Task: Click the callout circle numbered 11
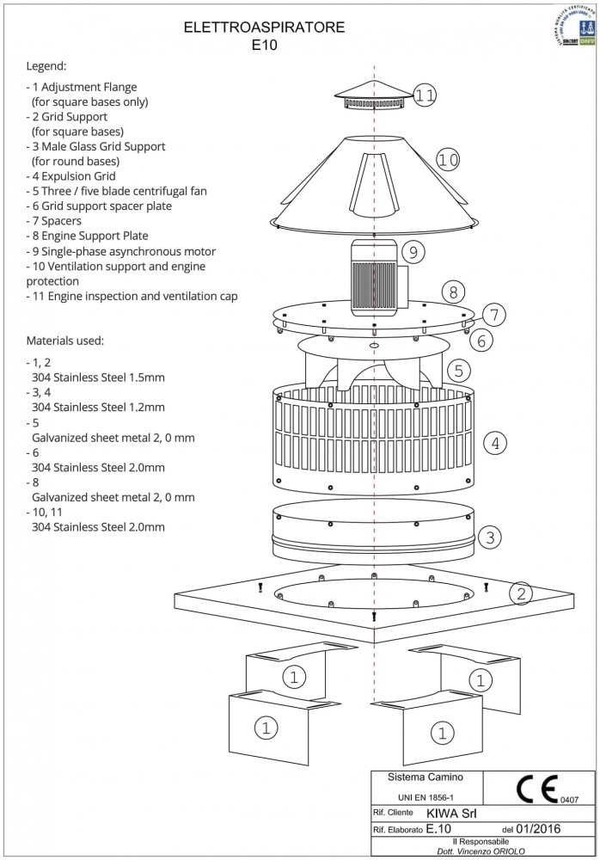click(425, 95)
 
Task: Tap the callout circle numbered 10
click(448, 159)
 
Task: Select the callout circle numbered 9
click(413, 252)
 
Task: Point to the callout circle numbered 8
click(454, 291)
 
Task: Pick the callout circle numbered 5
click(459, 371)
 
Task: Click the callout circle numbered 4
click(495, 444)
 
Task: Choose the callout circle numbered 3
click(489, 538)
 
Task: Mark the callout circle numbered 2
click(521, 593)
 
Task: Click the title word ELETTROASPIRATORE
click(265, 28)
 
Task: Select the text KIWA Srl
click(450, 812)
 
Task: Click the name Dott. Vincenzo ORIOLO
click(481, 851)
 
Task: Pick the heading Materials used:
click(65, 341)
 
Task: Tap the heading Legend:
click(46, 65)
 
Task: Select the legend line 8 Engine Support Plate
click(88, 236)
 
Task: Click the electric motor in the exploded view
click(373, 279)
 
